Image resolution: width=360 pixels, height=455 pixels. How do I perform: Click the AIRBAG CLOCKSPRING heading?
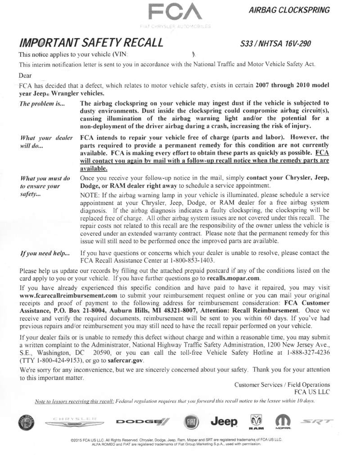289,9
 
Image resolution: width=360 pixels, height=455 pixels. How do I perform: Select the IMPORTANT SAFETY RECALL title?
90,44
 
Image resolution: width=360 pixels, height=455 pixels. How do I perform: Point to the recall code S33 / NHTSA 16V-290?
276,44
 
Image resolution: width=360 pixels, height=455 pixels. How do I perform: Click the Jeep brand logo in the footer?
224,421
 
